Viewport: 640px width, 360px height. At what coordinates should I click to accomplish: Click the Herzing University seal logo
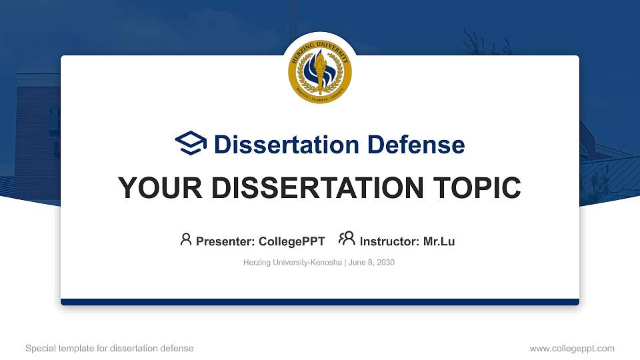pos(320,72)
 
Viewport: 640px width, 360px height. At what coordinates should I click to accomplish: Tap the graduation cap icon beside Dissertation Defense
pos(191,144)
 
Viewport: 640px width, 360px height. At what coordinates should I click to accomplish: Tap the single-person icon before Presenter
pos(186,239)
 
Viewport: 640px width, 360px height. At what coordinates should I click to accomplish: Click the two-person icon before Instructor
pos(347,239)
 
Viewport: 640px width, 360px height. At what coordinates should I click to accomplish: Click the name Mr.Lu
pos(439,241)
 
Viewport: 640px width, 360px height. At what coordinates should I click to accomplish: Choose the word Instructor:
pos(390,241)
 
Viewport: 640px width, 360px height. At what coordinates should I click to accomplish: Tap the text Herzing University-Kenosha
pos(293,263)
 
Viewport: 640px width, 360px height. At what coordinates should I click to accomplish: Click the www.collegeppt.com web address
pos(572,348)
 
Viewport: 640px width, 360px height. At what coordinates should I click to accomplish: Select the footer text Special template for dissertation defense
pos(109,348)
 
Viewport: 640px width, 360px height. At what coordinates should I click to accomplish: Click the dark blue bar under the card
pos(320,302)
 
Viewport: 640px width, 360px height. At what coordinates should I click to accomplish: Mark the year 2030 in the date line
pos(385,263)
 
